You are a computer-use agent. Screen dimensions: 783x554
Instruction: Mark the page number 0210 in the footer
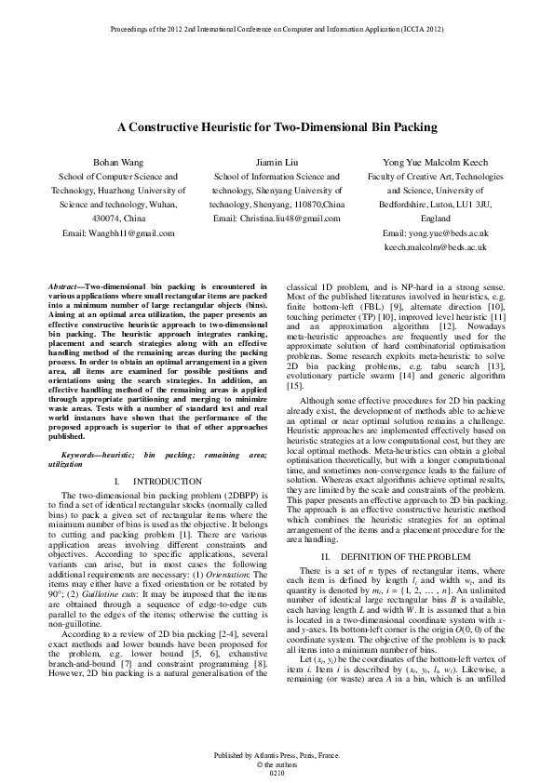(x=276, y=773)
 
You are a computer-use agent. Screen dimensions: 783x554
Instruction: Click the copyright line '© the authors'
(x=276, y=763)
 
